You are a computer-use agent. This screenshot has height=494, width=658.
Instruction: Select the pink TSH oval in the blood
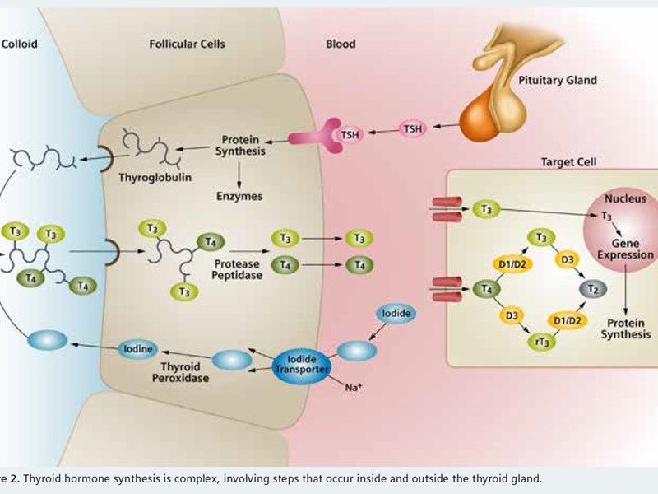pos(414,128)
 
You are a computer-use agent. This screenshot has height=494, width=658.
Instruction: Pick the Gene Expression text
pos(624,248)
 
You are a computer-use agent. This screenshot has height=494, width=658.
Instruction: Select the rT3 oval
pos(542,339)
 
